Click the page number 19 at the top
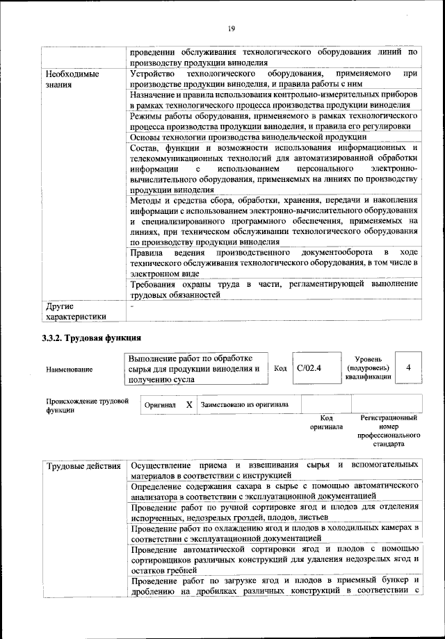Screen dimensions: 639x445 pos(231,28)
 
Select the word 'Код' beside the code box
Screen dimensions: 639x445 pos(280,369)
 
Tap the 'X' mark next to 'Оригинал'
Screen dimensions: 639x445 pos(189,404)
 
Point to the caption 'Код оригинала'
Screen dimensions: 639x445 pos(326,422)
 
